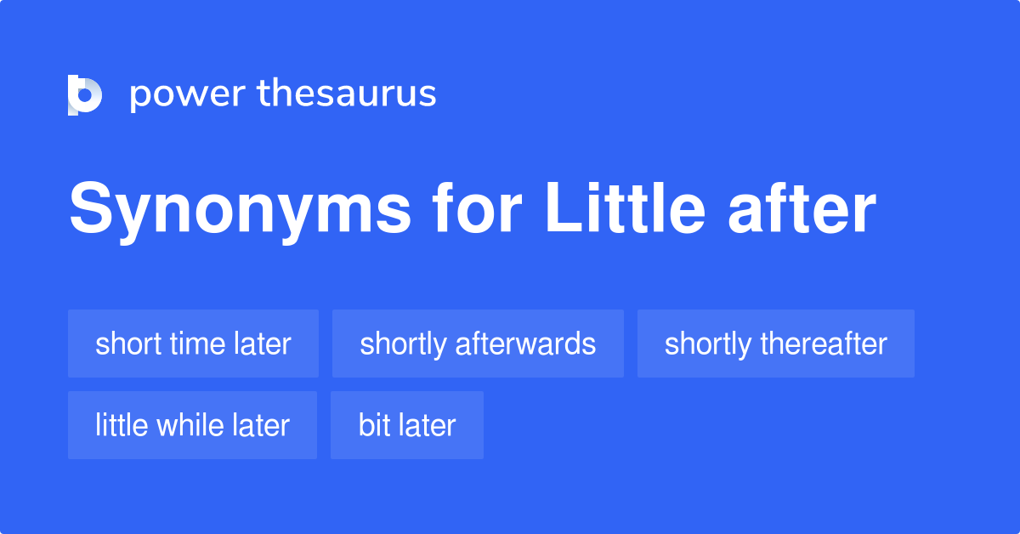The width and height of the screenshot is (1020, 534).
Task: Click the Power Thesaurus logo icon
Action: click(x=85, y=94)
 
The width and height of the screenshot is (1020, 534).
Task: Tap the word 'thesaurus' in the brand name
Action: click(x=347, y=94)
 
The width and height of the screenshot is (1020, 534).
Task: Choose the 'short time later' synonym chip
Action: click(x=193, y=344)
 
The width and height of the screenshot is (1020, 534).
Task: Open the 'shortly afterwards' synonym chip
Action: click(x=478, y=344)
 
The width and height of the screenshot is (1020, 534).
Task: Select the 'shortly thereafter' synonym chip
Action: click(x=775, y=344)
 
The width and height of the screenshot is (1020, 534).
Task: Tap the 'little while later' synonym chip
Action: click(x=192, y=425)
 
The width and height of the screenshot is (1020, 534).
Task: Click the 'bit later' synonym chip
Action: click(x=407, y=425)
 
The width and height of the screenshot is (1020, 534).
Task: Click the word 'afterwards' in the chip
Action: click(x=525, y=344)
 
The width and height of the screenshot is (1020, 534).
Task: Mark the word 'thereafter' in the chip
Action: click(x=824, y=344)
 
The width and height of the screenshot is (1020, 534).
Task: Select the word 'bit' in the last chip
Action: click(x=374, y=425)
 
